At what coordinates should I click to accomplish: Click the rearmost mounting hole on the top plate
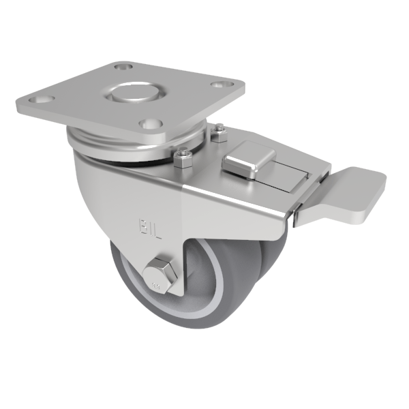(x=123, y=67)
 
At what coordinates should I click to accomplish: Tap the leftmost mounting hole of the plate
(x=42, y=100)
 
